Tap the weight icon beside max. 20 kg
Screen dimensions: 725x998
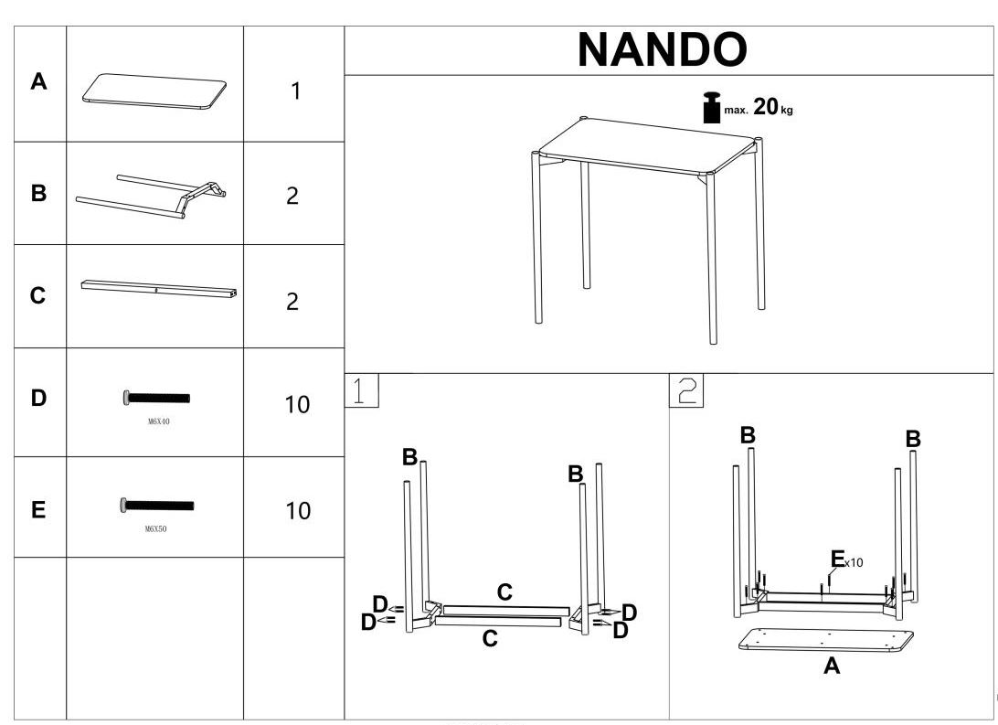(710, 107)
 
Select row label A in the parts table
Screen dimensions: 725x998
(39, 82)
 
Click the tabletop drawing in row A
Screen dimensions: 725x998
(154, 92)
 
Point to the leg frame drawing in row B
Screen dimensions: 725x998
(152, 196)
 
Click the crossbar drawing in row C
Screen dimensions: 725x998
(160, 289)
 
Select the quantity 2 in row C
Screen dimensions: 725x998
(292, 302)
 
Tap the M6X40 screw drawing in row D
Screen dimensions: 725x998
(156, 398)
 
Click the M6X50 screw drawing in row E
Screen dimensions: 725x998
(156, 505)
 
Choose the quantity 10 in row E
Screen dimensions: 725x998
(298, 510)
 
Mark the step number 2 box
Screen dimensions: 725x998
(685, 390)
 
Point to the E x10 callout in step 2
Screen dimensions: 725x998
(845, 560)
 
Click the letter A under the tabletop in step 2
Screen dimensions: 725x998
(832, 666)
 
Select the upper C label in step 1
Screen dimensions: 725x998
(504, 592)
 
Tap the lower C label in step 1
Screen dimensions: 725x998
(490, 639)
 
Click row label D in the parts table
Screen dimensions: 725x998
(39, 399)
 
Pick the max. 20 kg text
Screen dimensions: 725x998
(759, 108)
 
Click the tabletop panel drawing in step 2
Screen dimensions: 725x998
(825, 640)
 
